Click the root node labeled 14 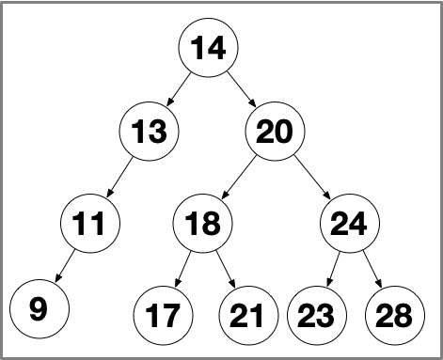click(x=209, y=48)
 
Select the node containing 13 click(x=149, y=133)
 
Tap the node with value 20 click(x=275, y=133)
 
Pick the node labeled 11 click(x=90, y=224)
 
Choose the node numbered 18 click(x=202, y=224)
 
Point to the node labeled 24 click(x=349, y=224)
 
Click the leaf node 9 click(x=38, y=308)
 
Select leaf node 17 click(x=163, y=314)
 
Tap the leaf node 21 click(x=246, y=314)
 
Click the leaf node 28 click(x=393, y=314)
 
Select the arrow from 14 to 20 click(x=242, y=90)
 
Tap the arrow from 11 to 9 click(x=65, y=267)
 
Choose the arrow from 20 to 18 click(x=239, y=179)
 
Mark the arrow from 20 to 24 click(x=312, y=179)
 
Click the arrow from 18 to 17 click(x=182, y=270)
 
